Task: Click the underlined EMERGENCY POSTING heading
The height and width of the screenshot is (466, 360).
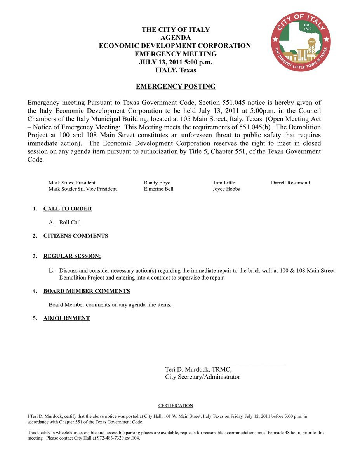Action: [x=176, y=87]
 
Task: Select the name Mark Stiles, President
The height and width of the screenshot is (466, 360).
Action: [x=72, y=183]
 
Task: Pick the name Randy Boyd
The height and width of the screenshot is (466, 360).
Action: [x=157, y=183]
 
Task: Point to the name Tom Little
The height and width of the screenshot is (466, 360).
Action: [x=224, y=183]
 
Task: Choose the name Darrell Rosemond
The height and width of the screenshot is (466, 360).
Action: [x=290, y=183]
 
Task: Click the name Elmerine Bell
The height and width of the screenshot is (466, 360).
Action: [x=158, y=189]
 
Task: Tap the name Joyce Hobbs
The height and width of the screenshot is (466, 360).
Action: [x=226, y=189]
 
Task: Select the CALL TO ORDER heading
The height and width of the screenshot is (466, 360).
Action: [x=68, y=209]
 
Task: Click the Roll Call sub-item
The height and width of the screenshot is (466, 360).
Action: [x=70, y=223]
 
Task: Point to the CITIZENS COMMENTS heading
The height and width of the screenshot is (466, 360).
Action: [x=76, y=236]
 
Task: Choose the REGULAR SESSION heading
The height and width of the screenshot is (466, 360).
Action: [x=72, y=256]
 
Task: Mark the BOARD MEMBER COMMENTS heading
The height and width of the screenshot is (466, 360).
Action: [x=87, y=291]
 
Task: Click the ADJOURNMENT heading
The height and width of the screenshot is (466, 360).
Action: [x=66, y=318]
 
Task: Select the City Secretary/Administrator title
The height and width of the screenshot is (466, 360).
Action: [x=202, y=377]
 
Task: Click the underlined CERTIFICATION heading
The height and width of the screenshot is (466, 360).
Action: [x=176, y=406]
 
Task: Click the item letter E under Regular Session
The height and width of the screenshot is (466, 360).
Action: [x=51, y=270]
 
